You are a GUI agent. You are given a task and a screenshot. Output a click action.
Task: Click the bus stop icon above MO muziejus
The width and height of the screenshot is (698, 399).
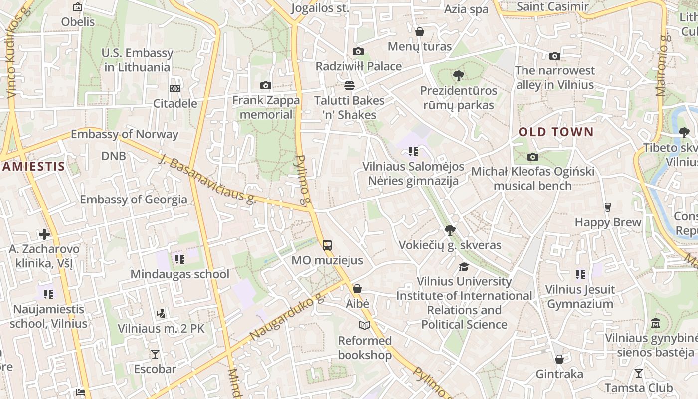pos(327,245)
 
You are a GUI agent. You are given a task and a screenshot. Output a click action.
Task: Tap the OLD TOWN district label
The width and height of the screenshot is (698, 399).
pos(556,132)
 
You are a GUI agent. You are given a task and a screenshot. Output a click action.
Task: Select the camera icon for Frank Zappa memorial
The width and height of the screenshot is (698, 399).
pos(266,86)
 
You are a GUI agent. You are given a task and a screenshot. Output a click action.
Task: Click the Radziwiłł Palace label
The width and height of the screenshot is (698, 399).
pos(358,66)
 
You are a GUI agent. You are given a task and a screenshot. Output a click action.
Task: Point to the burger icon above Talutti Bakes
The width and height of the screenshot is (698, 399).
pos(349,86)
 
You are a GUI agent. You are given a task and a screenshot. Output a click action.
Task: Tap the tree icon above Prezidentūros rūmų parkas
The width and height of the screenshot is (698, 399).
pos(458,76)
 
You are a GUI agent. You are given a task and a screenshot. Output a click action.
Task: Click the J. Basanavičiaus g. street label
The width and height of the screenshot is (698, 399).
pos(207,179)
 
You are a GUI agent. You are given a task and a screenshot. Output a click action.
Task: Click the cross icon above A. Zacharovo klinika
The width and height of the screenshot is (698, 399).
pos(44,234)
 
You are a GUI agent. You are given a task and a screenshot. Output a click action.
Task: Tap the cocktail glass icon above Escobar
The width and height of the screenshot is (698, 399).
pos(155,354)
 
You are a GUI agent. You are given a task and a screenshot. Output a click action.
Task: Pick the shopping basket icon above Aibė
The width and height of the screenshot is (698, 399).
pos(357,289)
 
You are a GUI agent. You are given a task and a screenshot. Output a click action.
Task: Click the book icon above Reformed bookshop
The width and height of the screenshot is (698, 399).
pos(365,326)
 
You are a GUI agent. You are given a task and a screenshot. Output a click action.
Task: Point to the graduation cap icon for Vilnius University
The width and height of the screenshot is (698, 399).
pos(464,267)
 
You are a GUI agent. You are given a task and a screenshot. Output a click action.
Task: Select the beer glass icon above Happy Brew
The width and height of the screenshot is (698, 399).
pos(607,207)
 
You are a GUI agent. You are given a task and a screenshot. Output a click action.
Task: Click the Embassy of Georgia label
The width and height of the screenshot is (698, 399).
pos(134,199)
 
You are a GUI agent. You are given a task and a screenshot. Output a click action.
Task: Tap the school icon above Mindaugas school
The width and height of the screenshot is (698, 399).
pos(179,259)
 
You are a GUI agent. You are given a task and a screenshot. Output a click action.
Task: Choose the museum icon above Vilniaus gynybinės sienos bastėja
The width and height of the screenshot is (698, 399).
pos(656,323)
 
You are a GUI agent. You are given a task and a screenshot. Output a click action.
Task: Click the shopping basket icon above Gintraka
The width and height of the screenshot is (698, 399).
pos(559,359)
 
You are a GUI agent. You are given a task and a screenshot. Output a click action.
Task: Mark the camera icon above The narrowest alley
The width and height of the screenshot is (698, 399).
pos(554,56)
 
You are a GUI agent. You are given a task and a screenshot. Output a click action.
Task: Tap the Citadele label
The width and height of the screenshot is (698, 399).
pos(175,104)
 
